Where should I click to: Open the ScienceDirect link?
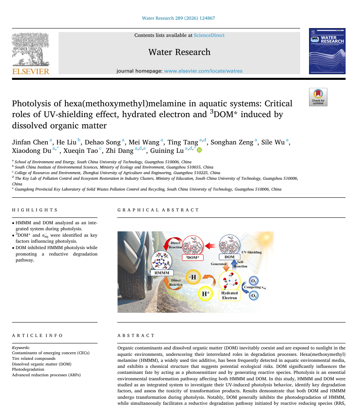(x=209, y=35)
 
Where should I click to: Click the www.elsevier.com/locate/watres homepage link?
(x=203, y=71)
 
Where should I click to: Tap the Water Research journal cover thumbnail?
(x=327, y=51)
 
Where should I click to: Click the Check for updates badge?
(x=318, y=97)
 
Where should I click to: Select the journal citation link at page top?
(x=178, y=18)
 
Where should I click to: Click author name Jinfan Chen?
(x=30, y=142)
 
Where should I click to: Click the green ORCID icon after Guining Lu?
(x=199, y=150)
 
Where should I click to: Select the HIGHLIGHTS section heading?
(x=35, y=210)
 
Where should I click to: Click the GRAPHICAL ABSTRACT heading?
(x=158, y=210)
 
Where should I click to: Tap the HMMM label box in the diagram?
(x=162, y=273)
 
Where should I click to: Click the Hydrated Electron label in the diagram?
(x=229, y=295)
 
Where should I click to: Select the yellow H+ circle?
(x=205, y=294)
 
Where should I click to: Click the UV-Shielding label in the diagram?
(x=252, y=252)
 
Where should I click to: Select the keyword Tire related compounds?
(x=34, y=358)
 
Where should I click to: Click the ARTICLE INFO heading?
(x=37, y=335)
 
